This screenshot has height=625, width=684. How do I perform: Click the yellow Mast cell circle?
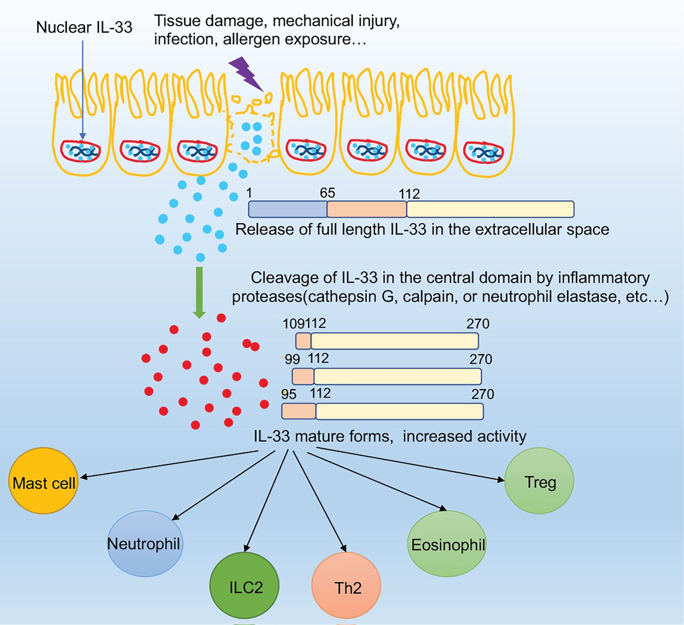(43, 481)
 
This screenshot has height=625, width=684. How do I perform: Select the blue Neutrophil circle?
(145, 543)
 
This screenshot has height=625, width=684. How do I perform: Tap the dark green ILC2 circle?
(244, 585)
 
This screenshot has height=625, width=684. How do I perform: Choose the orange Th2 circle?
(346, 586)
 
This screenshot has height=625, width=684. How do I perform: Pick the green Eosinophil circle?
(447, 544)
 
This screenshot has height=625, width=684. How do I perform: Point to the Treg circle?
(539, 481)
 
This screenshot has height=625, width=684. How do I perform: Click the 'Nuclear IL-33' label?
(84, 27)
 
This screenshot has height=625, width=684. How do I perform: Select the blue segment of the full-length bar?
(288, 209)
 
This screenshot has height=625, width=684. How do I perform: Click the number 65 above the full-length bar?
(327, 193)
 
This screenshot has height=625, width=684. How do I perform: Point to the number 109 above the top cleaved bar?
(293, 324)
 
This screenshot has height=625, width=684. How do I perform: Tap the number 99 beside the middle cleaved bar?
(292, 359)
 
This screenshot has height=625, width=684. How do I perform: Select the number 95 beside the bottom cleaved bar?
(289, 394)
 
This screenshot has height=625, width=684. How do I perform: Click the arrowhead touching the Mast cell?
(83, 477)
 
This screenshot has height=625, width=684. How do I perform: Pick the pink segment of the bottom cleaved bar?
(299, 411)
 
